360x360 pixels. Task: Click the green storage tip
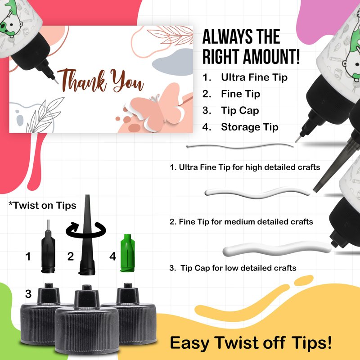pyautogui.click(x=127, y=253)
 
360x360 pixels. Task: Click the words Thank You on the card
pyautogui.click(x=100, y=81)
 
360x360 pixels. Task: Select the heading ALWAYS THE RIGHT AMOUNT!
pyautogui.click(x=251, y=47)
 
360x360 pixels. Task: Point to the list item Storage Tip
pyautogui.click(x=250, y=127)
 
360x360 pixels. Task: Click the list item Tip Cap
pyautogui.click(x=240, y=110)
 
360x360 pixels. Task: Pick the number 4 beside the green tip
pyautogui.click(x=112, y=256)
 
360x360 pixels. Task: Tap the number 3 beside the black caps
pyautogui.click(x=28, y=294)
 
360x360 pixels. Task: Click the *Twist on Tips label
pyautogui.click(x=42, y=205)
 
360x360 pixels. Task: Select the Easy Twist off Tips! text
pyautogui.click(x=251, y=343)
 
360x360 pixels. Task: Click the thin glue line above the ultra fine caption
pyautogui.click(x=240, y=146)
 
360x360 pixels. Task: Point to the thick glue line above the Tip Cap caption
pyautogui.click(x=277, y=249)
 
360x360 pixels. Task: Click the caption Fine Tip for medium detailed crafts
pyautogui.click(x=241, y=222)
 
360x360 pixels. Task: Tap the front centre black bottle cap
pyautogui.click(x=87, y=319)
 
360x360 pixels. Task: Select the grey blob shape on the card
pyautogui.click(x=173, y=62)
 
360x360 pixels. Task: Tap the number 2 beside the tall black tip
pyautogui.click(x=71, y=256)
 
